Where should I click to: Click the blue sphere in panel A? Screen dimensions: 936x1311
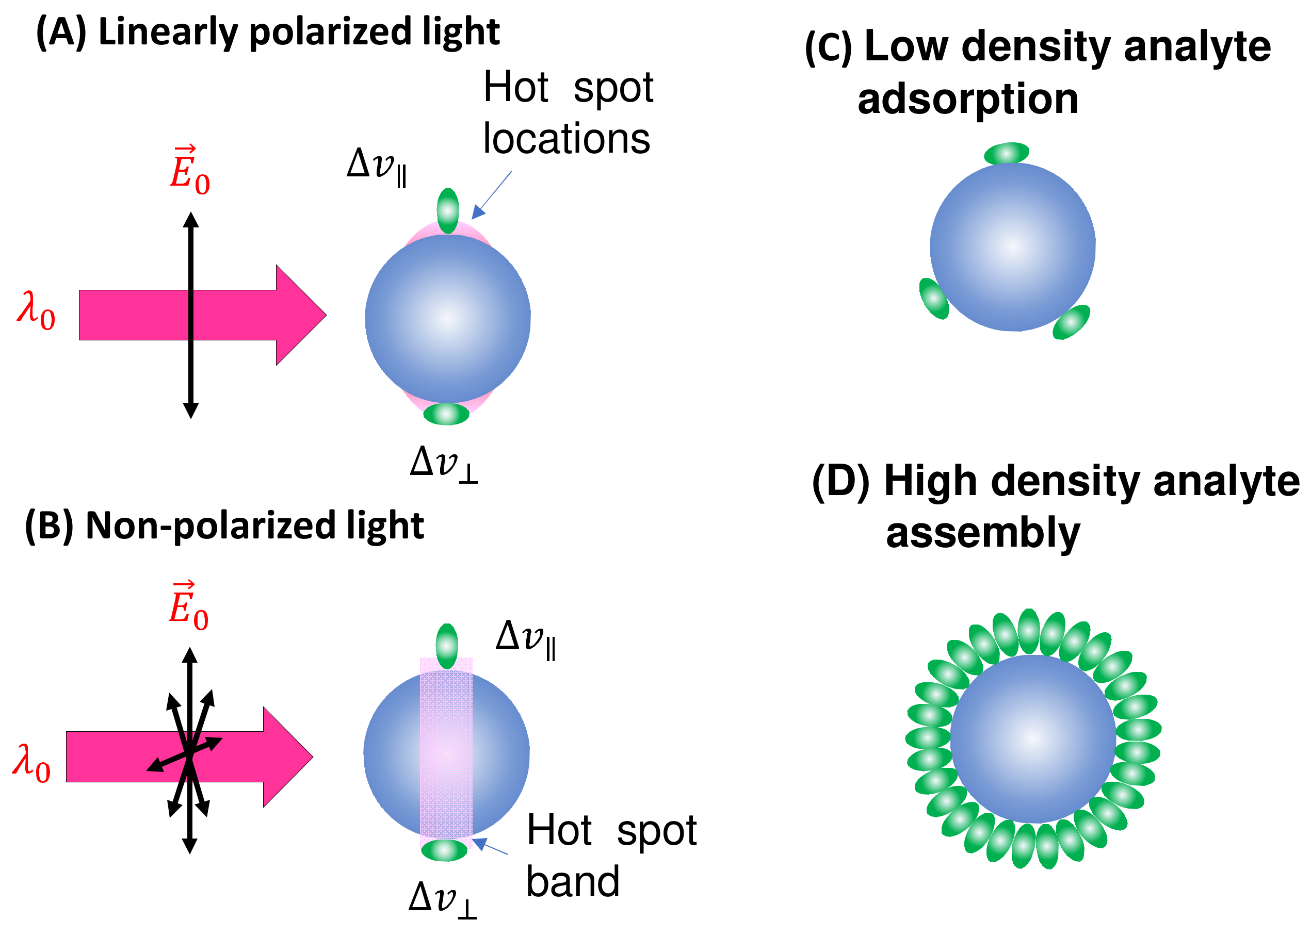click(447, 318)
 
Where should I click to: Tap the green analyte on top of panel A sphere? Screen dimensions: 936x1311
click(447, 210)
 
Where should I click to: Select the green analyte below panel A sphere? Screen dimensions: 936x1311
click(446, 414)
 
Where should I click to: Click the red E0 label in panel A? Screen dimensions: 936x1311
click(190, 171)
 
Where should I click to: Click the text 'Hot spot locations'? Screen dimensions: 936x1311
click(568, 113)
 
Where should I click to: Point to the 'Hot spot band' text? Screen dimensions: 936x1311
click(611, 856)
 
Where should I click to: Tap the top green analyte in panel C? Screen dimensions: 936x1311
click(1006, 153)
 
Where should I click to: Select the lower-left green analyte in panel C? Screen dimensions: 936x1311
click(933, 298)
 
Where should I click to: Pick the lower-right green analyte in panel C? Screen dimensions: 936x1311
click(1071, 322)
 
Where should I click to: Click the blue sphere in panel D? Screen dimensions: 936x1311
click(1032, 738)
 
